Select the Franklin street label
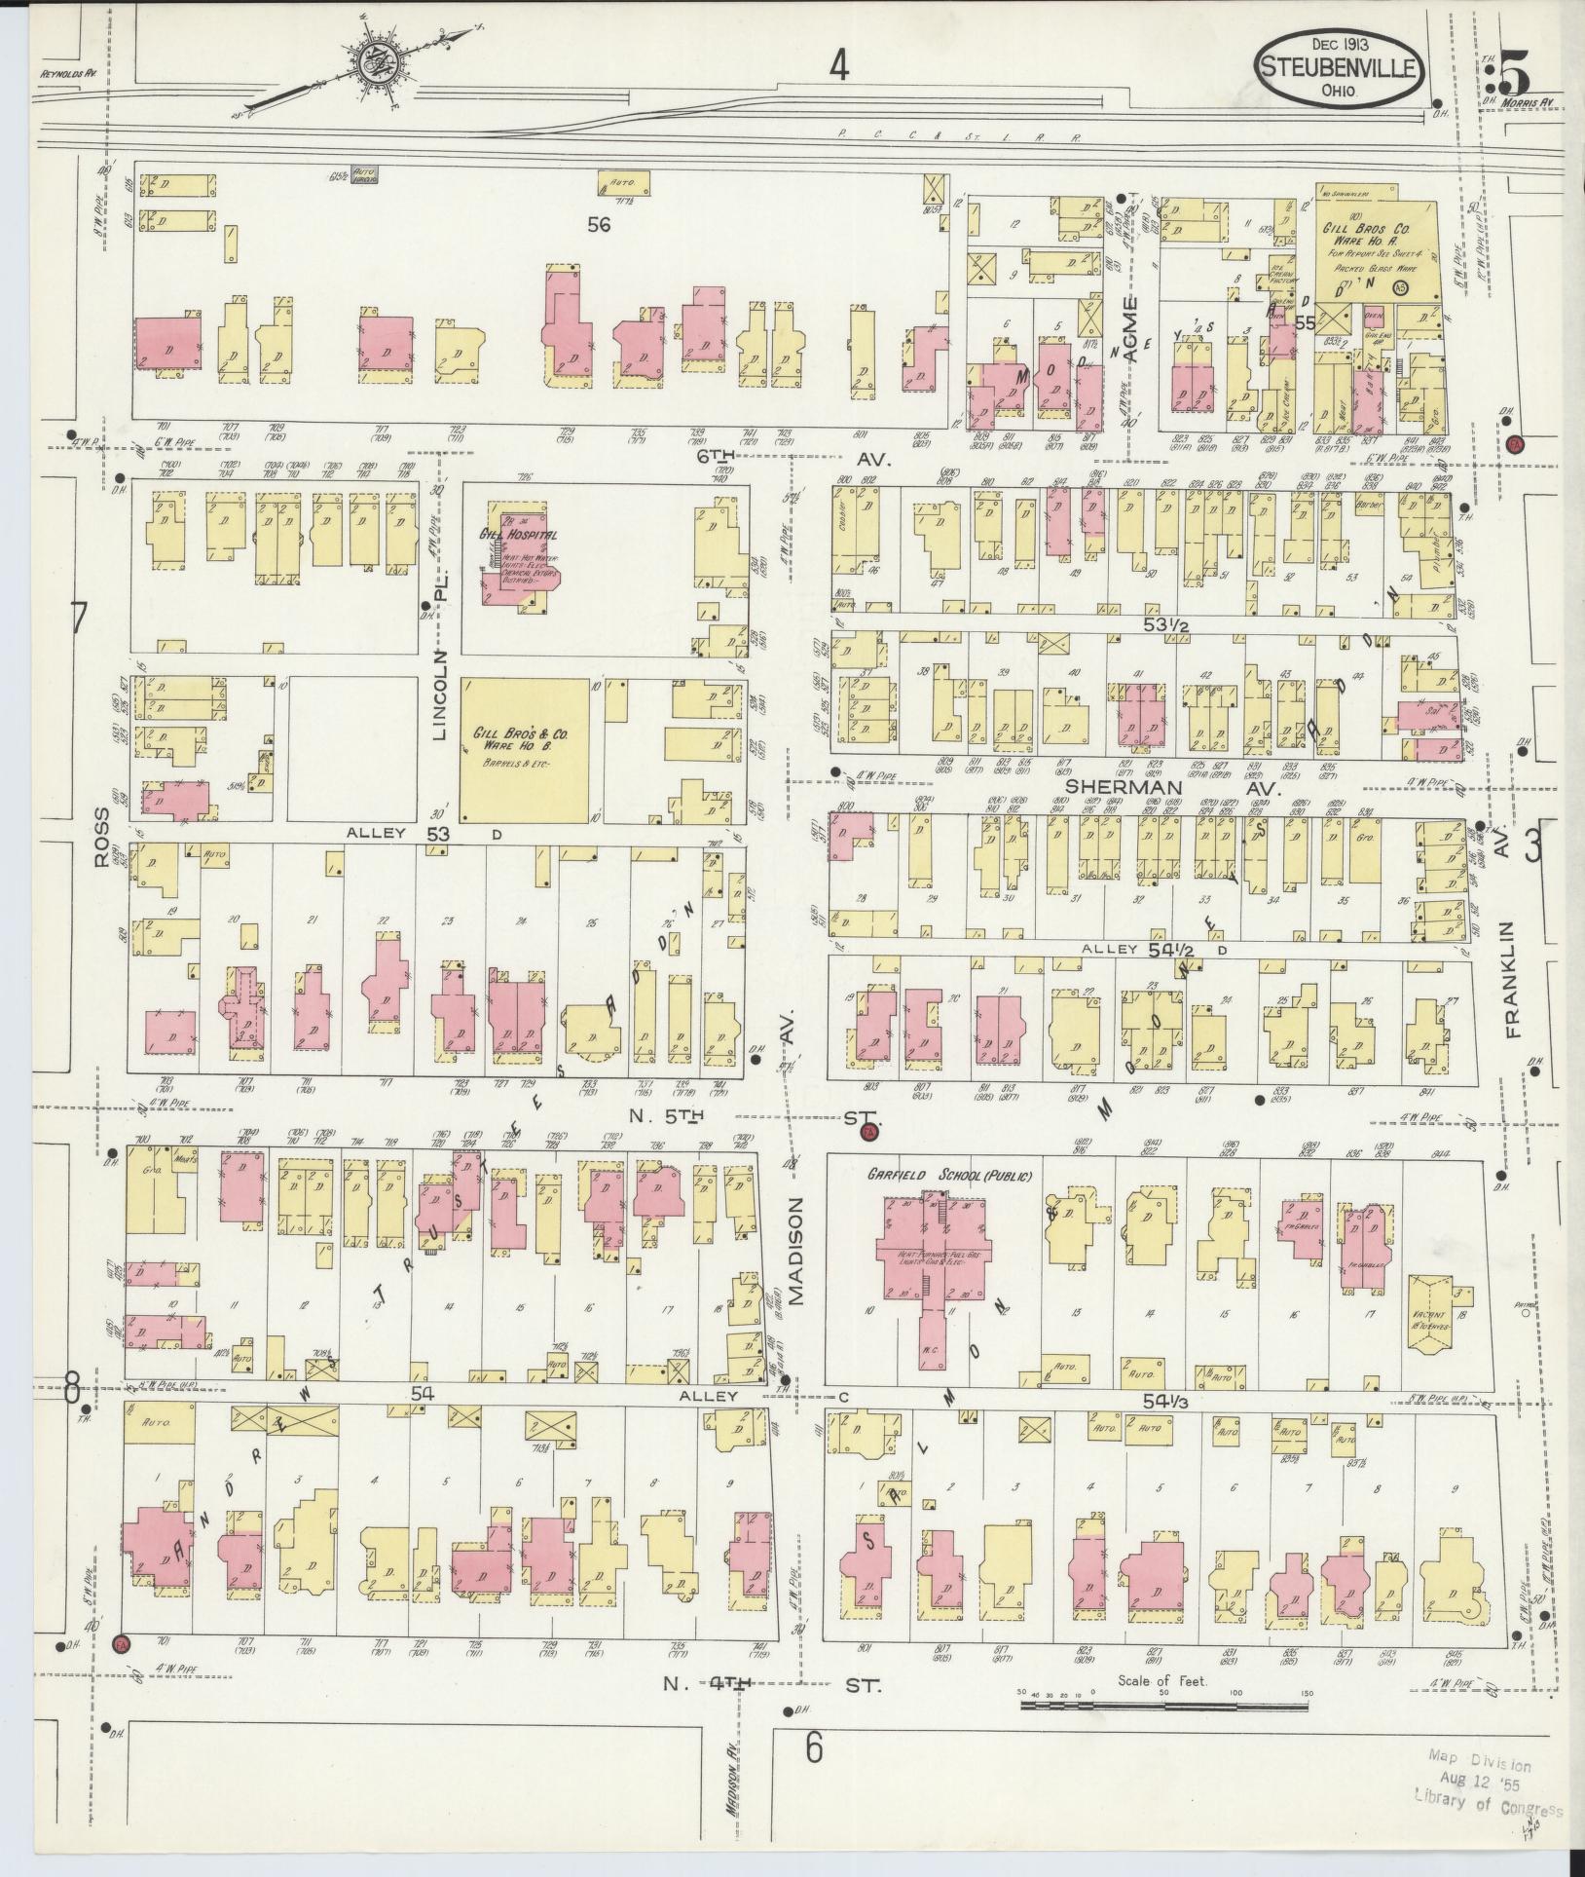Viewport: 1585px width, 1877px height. (x=1512, y=979)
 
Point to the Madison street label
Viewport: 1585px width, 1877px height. (x=795, y=1251)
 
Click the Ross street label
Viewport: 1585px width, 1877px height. (x=104, y=841)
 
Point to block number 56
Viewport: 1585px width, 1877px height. (x=599, y=224)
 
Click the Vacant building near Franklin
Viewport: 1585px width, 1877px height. (x=1429, y=1314)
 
